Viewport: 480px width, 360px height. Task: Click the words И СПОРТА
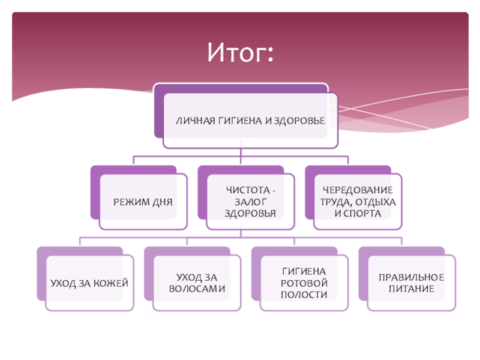tap(358, 213)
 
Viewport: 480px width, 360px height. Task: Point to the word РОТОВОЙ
tap(304, 283)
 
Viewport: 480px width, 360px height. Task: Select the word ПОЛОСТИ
tap(304, 295)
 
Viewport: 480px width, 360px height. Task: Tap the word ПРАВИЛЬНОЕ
tap(411, 277)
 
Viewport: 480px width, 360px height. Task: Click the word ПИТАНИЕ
tap(411, 289)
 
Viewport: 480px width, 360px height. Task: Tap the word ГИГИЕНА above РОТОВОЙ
tap(304, 271)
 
